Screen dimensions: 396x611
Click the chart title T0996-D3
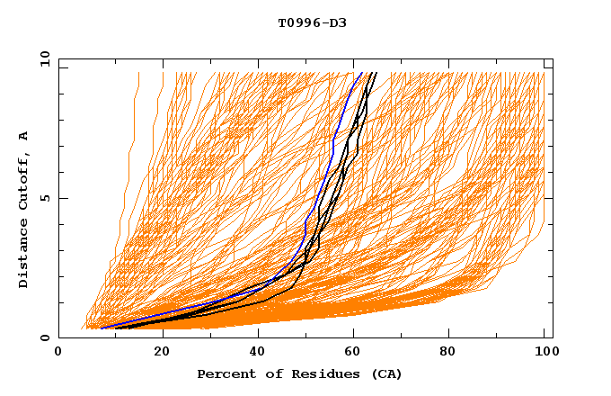(x=305, y=22)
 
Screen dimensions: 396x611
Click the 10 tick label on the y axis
(x=44, y=58)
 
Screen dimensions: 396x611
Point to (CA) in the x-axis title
(x=384, y=373)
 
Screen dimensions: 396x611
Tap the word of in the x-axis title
(x=265, y=373)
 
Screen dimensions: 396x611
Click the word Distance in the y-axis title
(x=24, y=256)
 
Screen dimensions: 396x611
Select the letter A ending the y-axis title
(x=24, y=136)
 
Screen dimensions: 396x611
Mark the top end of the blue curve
(x=361, y=72)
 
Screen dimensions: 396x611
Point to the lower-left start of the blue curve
(x=101, y=328)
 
